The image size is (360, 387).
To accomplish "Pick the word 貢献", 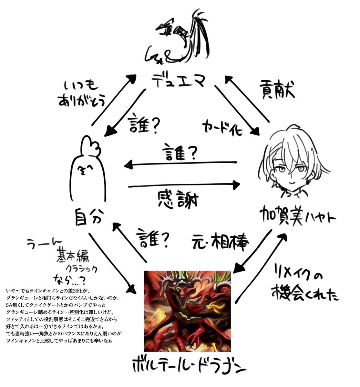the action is coord(277,91).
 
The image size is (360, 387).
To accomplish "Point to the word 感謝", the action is coord(178,200).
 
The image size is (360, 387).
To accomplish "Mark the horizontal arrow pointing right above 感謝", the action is coord(184,185).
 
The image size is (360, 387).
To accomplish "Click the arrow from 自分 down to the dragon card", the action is coord(111,261).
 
